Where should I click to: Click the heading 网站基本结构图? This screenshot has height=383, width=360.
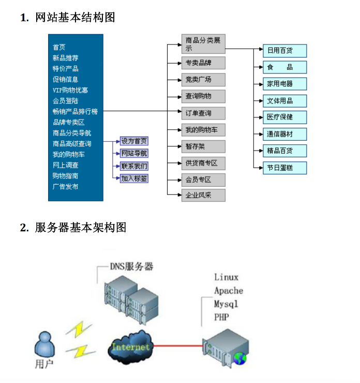pyautogui.click(x=74, y=18)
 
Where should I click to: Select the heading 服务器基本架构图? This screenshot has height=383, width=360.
pyautogui.click(x=81, y=227)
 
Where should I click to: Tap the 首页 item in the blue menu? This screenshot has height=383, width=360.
pyautogui.click(x=59, y=47)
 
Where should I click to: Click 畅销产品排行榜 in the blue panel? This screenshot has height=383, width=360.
pyautogui.click(x=75, y=111)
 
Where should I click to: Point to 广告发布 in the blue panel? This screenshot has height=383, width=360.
pyautogui.click(x=66, y=186)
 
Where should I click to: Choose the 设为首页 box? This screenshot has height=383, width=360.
pyautogui.click(x=134, y=141)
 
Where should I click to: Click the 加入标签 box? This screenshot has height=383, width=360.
pyautogui.click(x=134, y=178)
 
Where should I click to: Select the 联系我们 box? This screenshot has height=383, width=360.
pyautogui.click(x=134, y=166)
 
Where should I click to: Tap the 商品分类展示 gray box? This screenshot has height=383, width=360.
pyautogui.click(x=203, y=44)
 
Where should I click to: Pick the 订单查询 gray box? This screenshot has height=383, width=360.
pyautogui.click(x=203, y=113)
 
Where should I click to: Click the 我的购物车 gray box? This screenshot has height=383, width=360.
pyautogui.click(x=203, y=129)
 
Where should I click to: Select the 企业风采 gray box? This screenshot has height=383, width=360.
pyautogui.click(x=203, y=195)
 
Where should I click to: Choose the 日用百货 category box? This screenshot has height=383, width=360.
pyautogui.click(x=284, y=51)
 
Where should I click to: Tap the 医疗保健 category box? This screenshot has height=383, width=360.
pyautogui.click(x=284, y=117)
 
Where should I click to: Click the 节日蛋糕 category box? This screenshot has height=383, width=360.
pyautogui.click(x=284, y=168)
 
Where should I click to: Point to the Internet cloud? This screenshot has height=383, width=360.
pyautogui.click(x=132, y=347)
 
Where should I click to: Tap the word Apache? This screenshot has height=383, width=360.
pyautogui.click(x=229, y=290)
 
